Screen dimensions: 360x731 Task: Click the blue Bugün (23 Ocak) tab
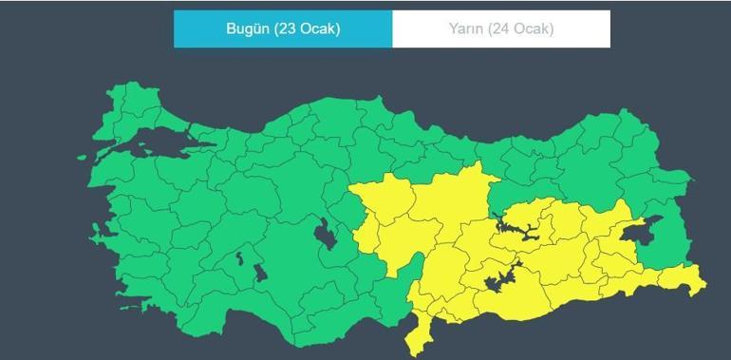click(283, 28)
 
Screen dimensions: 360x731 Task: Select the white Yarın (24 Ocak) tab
click(500, 28)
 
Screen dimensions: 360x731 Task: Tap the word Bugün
click(248, 28)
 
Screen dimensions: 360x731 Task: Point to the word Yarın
click(465, 28)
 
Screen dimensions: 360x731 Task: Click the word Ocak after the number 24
click(532, 28)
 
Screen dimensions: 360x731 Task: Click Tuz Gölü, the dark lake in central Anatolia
click(325, 232)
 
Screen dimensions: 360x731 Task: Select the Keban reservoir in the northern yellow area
click(517, 229)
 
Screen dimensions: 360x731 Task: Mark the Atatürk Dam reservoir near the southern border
click(498, 280)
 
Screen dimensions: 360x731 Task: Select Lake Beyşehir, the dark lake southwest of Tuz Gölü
click(257, 272)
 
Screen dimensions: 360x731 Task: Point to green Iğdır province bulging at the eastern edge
click(679, 179)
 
